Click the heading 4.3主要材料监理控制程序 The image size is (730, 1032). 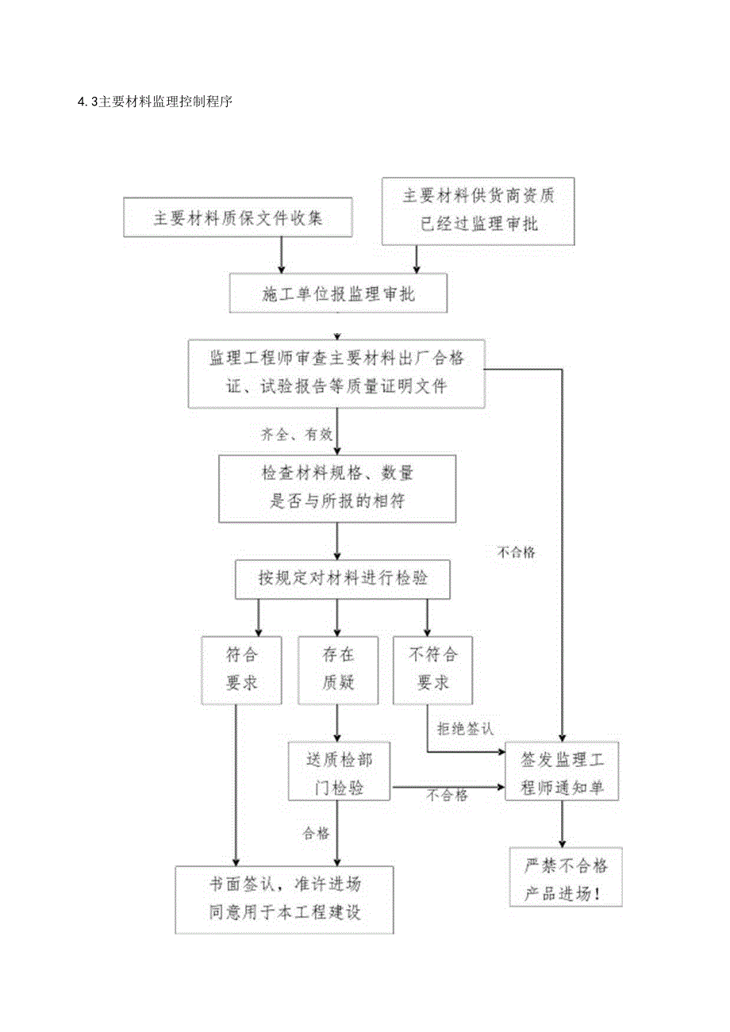coord(155,102)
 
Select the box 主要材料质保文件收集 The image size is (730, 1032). coord(238,217)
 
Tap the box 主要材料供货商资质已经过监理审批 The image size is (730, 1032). coord(478,211)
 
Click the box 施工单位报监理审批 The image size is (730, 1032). coord(338,293)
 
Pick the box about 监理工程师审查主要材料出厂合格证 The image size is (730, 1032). coord(336,374)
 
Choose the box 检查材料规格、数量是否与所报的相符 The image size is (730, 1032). coord(337,489)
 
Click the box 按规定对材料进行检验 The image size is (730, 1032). coord(343,579)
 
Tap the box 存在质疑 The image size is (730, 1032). coord(338,669)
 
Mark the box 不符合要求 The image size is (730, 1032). coord(432,669)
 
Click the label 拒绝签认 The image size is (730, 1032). coord(464,727)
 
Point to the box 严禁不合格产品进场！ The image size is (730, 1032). coord(564,877)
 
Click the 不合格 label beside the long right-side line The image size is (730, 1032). coord(516,553)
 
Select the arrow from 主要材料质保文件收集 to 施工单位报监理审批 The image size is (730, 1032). coord(282,255)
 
